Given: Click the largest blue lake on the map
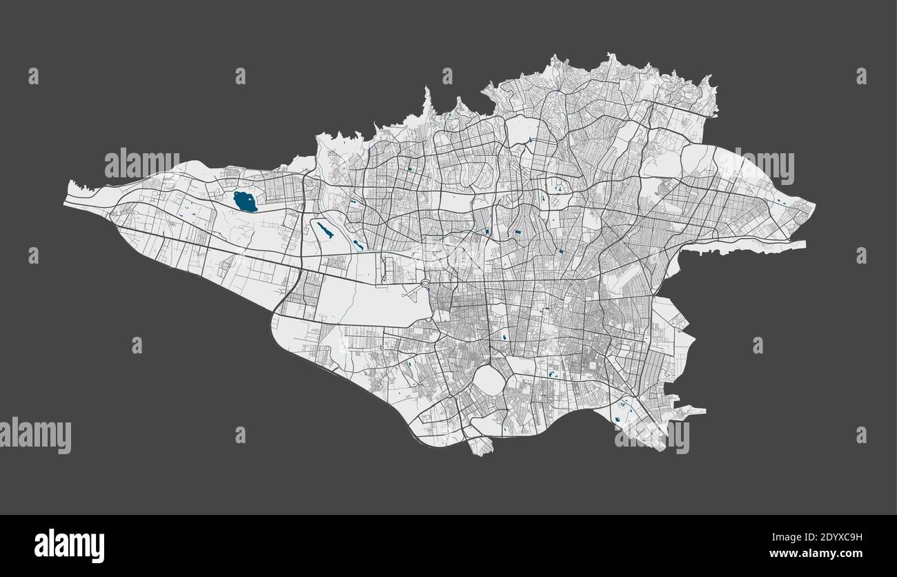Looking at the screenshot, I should tap(245, 202).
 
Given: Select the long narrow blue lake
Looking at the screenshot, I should tap(324, 230).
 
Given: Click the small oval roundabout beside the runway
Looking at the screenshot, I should tap(426, 283).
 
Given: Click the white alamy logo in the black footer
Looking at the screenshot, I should tap(69, 545).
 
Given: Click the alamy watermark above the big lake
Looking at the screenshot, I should tap(141, 163).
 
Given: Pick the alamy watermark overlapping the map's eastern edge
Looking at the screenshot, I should tap(764, 166).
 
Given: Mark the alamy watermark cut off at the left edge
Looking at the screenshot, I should tap(34, 436).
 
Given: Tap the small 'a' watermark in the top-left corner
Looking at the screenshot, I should tap(33, 76).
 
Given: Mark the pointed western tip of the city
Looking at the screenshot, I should tap(69, 186).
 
